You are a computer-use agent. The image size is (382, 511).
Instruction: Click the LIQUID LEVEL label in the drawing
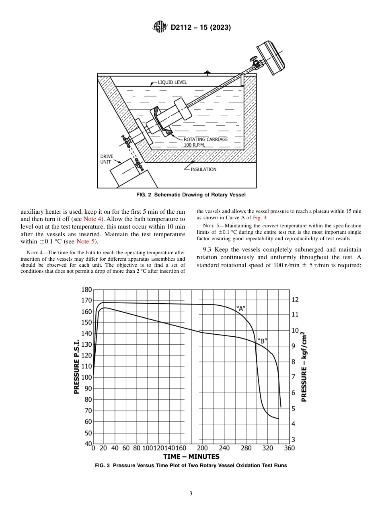click(172, 82)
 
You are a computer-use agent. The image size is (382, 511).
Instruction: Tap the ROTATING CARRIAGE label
click(206, 139)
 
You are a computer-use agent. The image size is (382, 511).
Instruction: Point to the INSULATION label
click(203, 169)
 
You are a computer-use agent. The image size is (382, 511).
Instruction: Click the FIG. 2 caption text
click(191, 195)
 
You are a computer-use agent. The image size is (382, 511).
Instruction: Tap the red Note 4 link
click(92, 219)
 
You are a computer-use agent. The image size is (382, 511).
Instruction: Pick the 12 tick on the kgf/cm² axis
click(295, 300)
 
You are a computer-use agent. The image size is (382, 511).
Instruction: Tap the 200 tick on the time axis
click(202, 448)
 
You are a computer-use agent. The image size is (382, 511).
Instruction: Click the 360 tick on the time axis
click(290, 448)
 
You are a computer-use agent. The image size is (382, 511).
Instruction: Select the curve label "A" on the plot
click(240, 309)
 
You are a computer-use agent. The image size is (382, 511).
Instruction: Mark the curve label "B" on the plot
click(262, 341)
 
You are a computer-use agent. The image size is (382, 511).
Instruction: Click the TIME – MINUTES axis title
click(191, 457)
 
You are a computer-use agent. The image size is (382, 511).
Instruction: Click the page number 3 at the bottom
click(191, 493)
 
